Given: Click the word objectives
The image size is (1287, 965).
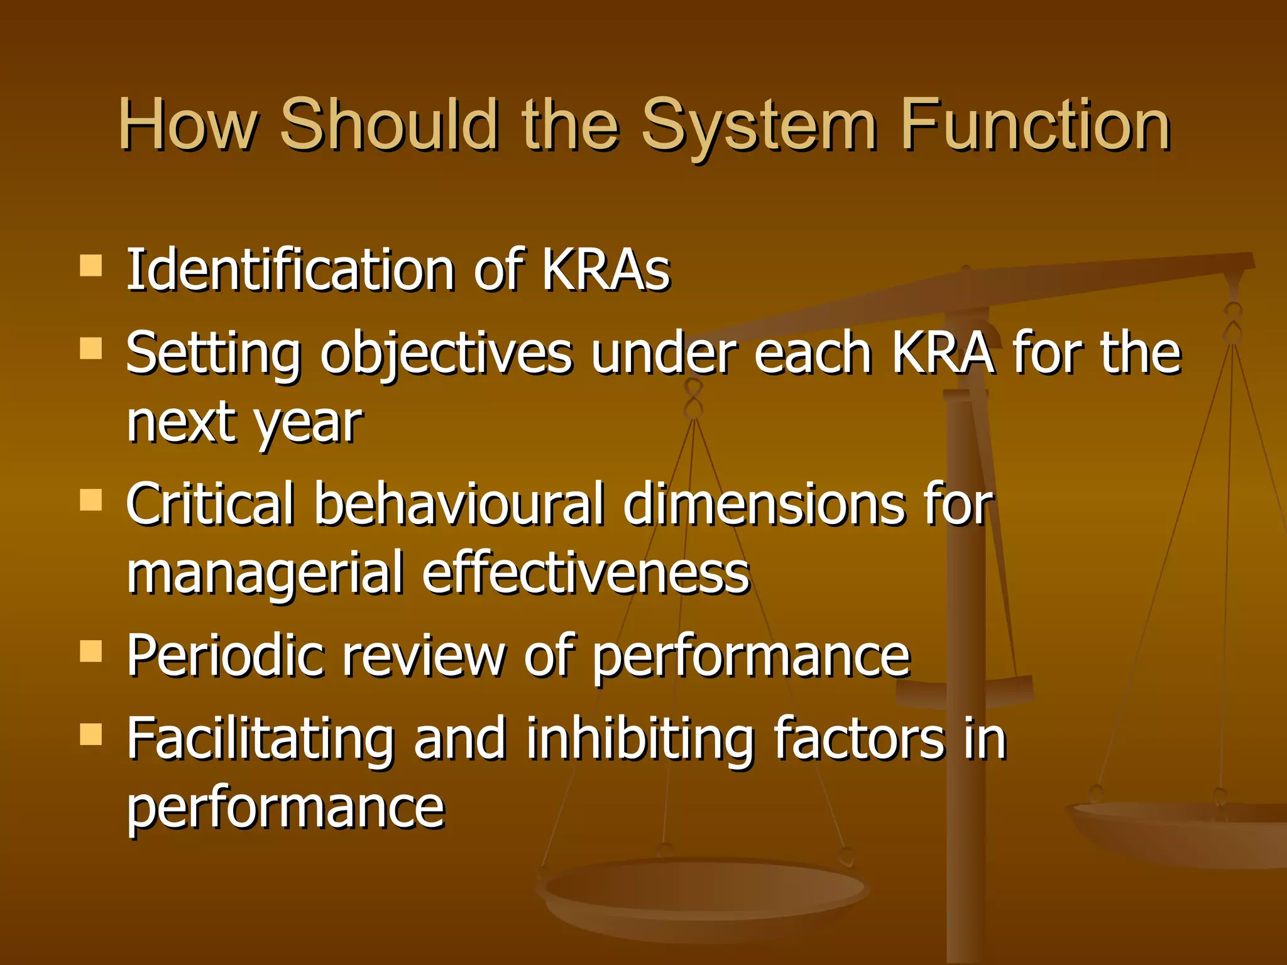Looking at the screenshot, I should coord(446,354).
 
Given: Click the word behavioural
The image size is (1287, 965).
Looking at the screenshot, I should coord(459,504).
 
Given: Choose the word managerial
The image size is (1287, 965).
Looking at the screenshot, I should coord(265,573).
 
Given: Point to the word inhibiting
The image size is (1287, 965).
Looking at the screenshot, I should coord(640,739).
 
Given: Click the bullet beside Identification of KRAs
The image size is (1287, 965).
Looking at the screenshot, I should coord(91,266).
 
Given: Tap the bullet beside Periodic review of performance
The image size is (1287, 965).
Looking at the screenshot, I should coord(91,652).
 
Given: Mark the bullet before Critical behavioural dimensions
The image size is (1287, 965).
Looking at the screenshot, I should coord(91,501).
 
